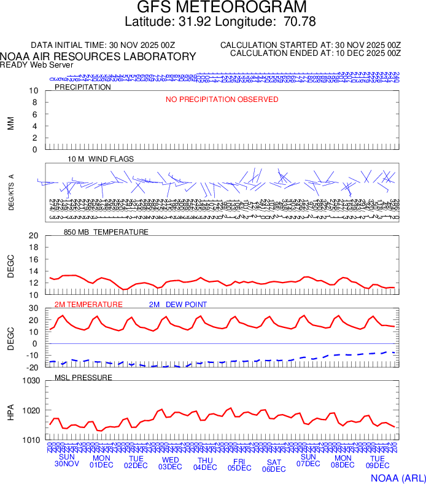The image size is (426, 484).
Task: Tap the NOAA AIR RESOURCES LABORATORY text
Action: [x=98, y=57]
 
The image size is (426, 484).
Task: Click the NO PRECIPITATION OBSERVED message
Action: [x=222, y=100]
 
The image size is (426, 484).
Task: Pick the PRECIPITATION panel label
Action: [x=83, y=87]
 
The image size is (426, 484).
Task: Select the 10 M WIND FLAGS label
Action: [x=101, y=159]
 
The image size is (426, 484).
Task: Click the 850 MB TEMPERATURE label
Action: [x=106, y=232]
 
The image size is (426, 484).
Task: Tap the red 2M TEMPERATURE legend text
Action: [x=88, y=305]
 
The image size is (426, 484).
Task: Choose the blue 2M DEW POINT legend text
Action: [x=178, y=305]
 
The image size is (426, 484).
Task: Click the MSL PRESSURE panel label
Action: [x=83, y=377]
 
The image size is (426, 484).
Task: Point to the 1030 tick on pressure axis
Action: [x=30, y=381]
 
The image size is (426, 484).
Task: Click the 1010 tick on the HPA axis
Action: [x=30, y=440]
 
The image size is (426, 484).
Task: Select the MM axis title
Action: [x=10, y=123]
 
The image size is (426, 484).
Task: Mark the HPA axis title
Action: [x=10, y=410]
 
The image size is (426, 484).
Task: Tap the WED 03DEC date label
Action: [x=170, y=463]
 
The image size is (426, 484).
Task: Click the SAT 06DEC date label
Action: [x=274, y=465]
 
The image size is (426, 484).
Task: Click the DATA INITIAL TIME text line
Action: [x=103, y=45]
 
